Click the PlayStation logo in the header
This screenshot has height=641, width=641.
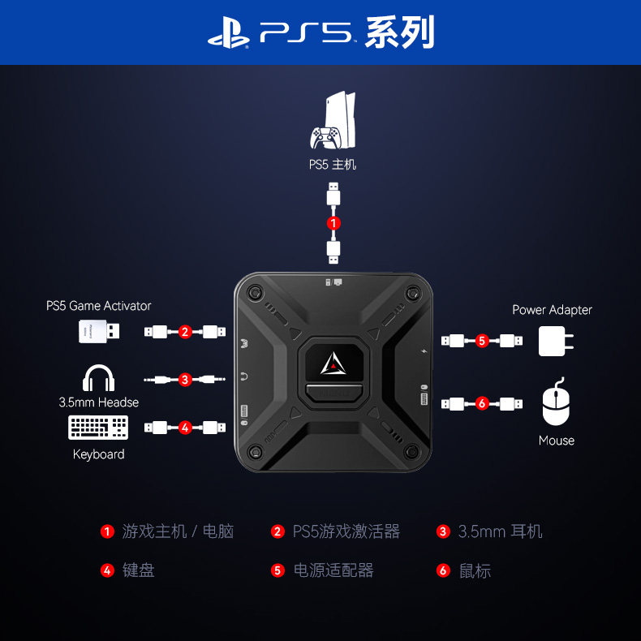click(x=228, y=33)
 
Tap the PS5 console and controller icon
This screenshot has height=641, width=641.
click(x=333, y=123)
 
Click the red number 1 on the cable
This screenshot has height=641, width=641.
click(x=333, y=222)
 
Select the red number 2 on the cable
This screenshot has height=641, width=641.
click(x=185, y=331)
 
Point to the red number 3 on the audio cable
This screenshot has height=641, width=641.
click(x=185, y=379)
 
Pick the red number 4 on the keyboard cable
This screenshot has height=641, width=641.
click(x=185, y=427)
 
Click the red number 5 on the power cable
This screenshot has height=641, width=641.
click(x=482, y=341)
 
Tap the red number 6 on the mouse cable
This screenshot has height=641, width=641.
click(x=482, y=403)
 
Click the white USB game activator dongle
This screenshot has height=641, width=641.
click(x=101, y=331)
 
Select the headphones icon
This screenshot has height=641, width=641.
click(x=99, y=378)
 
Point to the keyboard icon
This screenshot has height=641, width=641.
click(x=98, y=428)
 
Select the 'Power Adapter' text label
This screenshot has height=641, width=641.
click(x=552, y=310)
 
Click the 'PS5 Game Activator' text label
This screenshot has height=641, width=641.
click(x=98, y=306)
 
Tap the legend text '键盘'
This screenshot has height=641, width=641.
click(x=139, y=570)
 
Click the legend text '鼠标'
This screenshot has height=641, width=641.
click(x=475, y=570)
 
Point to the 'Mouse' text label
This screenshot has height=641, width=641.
click(x=556, y=441)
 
